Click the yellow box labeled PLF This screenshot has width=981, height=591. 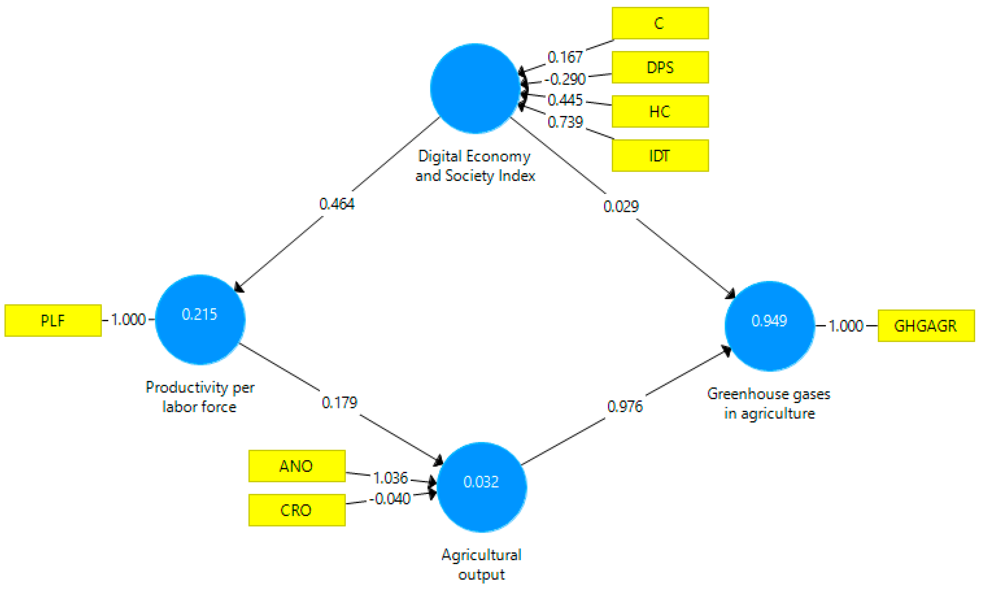(x=53, y=321)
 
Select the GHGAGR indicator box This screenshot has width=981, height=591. (x=926, y=326)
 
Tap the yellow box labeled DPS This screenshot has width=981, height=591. (x=660, y=67)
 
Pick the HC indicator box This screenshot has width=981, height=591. (x=660, y=111)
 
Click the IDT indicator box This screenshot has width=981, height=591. (x=660, y=156)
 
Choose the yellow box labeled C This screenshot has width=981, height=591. (x=660, y=23)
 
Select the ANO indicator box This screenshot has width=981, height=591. (x=296, y=466)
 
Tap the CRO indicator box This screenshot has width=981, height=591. (x=296, y=510)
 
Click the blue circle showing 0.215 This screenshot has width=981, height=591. (x=200, y=319)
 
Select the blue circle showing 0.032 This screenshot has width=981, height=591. (x=481, y=487)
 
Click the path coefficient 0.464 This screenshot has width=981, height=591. (x=337, y=204)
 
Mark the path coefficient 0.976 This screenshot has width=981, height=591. (x=625, y=407)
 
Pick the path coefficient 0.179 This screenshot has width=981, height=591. (x=340, y=403)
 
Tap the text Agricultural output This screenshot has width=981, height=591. (x=481, y=564)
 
